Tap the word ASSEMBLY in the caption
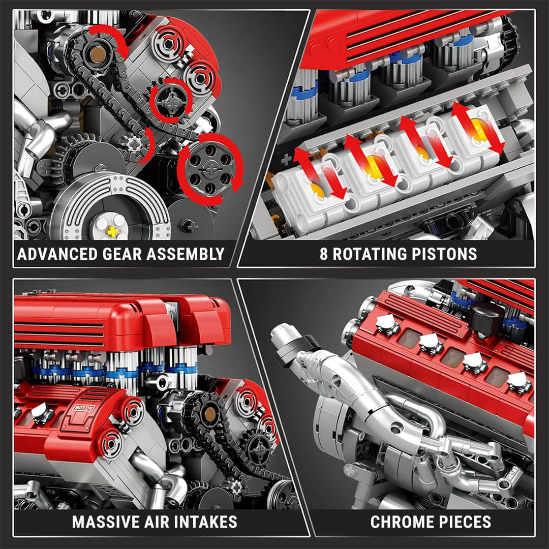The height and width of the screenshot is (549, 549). (x=186, y=254)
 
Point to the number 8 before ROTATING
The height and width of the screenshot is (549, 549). (x=324, y=254)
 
